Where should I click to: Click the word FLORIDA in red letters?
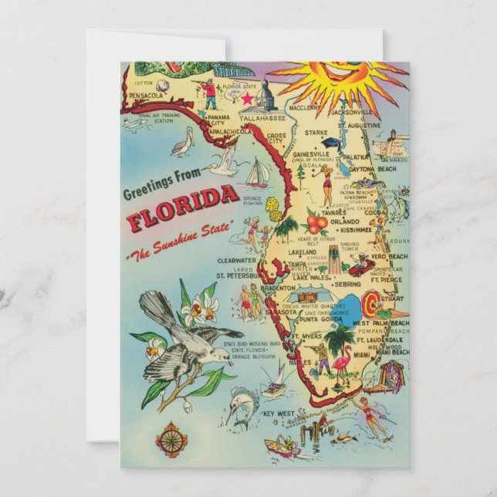coord(183,209)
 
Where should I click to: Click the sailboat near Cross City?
coord(257,173)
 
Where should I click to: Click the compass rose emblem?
coord(171,440)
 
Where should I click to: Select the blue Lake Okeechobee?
coord(351,303)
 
